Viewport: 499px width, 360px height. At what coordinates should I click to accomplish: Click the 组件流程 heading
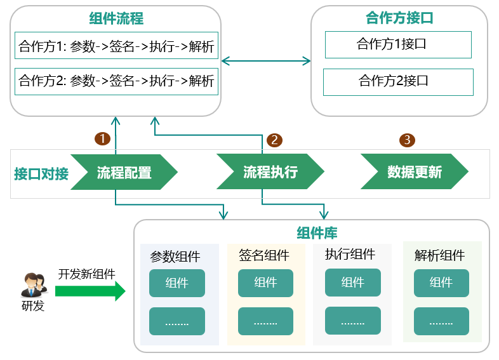(x=116, y=18)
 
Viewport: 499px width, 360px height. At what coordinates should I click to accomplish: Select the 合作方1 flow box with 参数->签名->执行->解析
(x=116, y=46)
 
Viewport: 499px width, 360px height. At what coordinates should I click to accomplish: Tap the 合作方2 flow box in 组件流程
(x=116, y=81)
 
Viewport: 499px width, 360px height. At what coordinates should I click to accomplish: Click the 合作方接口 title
(x=399, y=18)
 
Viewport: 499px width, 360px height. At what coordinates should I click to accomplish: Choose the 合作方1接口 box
(x=398, y=44)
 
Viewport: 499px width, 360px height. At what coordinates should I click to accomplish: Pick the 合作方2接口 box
(x=398, y=82)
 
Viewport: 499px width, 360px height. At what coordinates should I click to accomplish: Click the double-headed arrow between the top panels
(x=266, y=61)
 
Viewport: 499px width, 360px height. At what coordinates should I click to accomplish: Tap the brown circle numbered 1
(x=102, y=139)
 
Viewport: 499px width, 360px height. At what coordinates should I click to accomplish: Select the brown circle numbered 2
(x=274, y=140)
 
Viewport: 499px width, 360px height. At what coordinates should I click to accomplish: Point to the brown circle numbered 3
(x=407, y=140)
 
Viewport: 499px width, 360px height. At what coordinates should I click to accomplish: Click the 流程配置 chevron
(x=124, y=172)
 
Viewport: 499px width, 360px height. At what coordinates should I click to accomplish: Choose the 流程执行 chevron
(x=270, y=171)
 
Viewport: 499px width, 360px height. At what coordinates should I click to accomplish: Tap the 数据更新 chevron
(x=415, y=171)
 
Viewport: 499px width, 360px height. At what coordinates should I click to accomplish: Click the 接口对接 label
(x=41, y=174)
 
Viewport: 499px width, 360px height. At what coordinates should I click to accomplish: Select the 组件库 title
(x=317, y=232)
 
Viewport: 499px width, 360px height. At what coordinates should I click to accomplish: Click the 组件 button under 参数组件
(x=177, y=283)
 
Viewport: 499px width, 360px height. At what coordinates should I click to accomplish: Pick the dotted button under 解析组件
(x=441, y=321)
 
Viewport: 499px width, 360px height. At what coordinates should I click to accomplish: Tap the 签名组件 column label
(x=264, y=255)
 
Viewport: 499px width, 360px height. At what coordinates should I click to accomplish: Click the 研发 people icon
(x=34, y=285)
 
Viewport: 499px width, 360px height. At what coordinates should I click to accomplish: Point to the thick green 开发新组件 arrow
(x=90, y=291)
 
